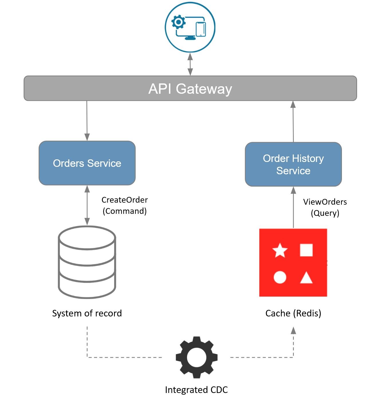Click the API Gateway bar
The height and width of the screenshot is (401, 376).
190,88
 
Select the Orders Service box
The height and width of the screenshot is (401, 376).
87,163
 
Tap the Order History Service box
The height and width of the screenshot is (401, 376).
293,164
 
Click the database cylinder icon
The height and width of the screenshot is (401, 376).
87,262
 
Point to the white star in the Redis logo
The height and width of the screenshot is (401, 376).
280,251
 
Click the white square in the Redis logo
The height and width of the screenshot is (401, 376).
306,250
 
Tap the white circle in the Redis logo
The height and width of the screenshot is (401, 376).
280,277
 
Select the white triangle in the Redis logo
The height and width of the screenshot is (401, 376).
306,278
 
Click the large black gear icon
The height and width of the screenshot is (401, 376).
196,357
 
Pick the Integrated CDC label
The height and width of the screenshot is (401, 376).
196,390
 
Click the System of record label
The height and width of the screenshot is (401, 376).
87,313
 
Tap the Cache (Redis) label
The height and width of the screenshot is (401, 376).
293,313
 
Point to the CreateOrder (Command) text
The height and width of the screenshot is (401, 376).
125,205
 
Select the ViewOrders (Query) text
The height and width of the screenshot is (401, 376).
325,207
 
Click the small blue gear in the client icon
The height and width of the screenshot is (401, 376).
178,22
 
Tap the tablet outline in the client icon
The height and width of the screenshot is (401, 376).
201,29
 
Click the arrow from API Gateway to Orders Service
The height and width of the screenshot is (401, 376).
87,120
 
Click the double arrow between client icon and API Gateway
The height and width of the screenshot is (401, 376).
190,64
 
